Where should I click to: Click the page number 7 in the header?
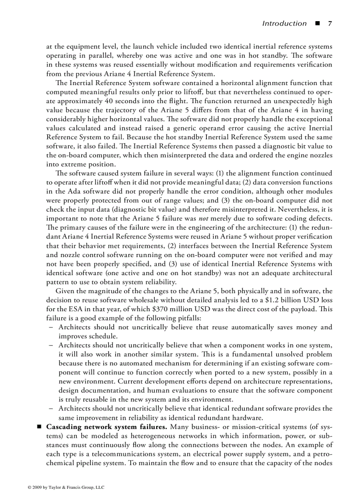point(329,23)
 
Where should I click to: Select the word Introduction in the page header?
point(284,23)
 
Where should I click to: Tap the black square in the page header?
point(316,23)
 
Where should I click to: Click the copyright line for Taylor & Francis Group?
point(66,487)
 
